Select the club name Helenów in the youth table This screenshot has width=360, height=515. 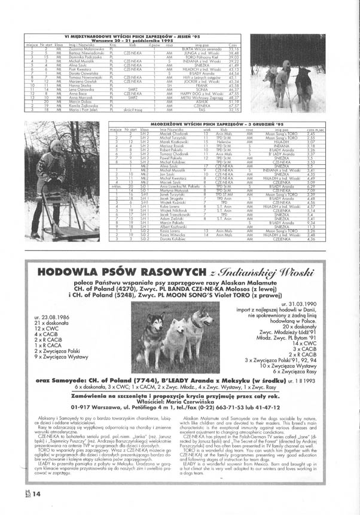224,143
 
